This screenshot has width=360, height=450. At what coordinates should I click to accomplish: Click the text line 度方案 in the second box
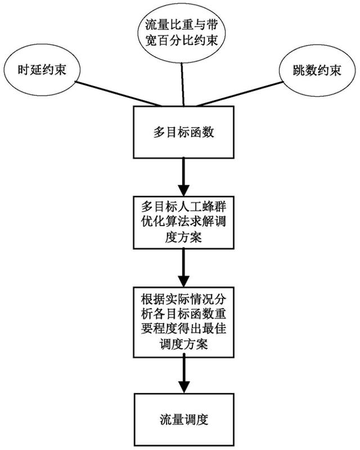182,237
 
